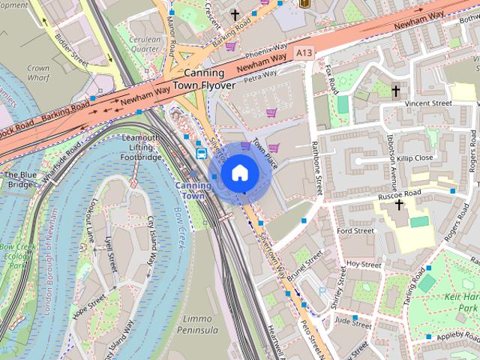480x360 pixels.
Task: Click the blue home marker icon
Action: [239, 172]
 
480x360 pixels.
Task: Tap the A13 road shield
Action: [304, 53]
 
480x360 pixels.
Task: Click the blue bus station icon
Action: [202, 154]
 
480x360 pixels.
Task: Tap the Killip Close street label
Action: [416, 158]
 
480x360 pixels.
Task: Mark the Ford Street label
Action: [355, 231]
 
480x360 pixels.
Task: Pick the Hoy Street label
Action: [364, 265]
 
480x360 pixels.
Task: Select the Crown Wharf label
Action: [37, 72]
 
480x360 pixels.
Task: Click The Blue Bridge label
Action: [18, 179]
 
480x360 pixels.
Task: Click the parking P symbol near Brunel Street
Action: [323, 292]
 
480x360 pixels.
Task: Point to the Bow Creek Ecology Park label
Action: [13, 255]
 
